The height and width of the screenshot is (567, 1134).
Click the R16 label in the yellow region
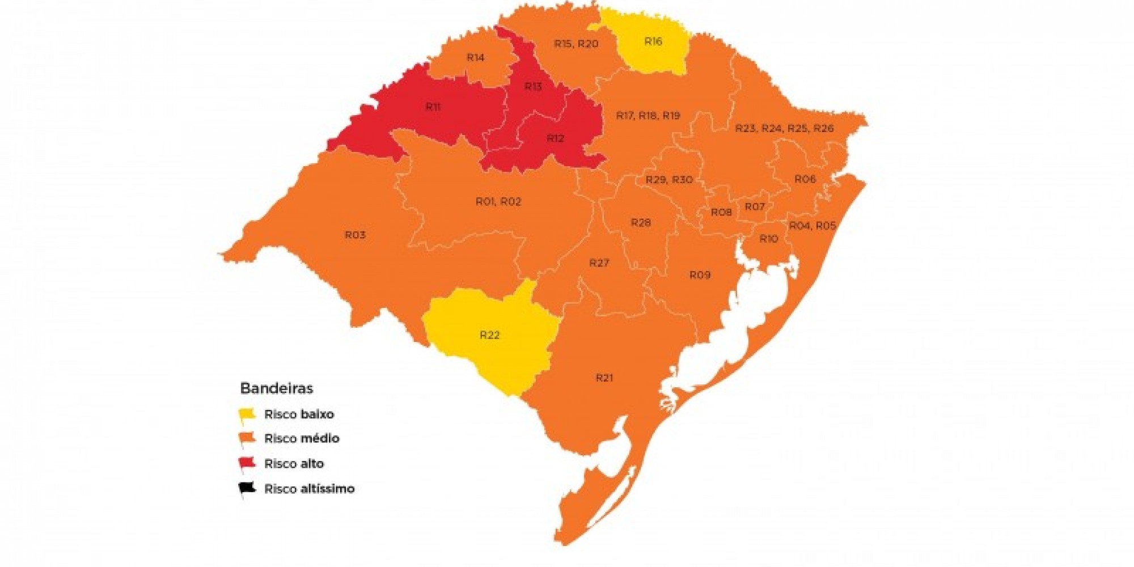653,41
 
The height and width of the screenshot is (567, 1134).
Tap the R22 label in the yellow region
490,335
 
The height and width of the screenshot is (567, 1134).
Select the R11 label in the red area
433,107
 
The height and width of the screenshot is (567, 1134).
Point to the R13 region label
533,86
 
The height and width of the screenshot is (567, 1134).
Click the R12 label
555,138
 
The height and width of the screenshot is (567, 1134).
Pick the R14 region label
475,57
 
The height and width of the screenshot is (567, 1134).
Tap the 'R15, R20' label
576,44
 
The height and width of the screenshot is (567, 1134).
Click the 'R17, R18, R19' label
648,116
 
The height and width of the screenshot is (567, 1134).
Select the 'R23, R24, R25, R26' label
784,128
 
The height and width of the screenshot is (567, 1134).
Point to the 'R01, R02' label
498,201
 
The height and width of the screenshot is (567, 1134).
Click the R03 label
355,235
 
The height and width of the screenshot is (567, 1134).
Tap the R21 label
604,378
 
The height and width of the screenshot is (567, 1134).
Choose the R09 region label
700,275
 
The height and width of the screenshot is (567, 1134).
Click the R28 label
641,223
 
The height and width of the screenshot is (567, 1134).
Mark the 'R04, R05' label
813,226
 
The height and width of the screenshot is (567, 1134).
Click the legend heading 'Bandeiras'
277,388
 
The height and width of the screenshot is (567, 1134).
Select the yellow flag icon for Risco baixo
247,415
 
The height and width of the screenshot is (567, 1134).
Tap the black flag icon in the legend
247,489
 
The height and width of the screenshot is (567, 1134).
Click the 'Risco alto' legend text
294,464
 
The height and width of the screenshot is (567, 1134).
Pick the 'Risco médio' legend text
302,438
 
